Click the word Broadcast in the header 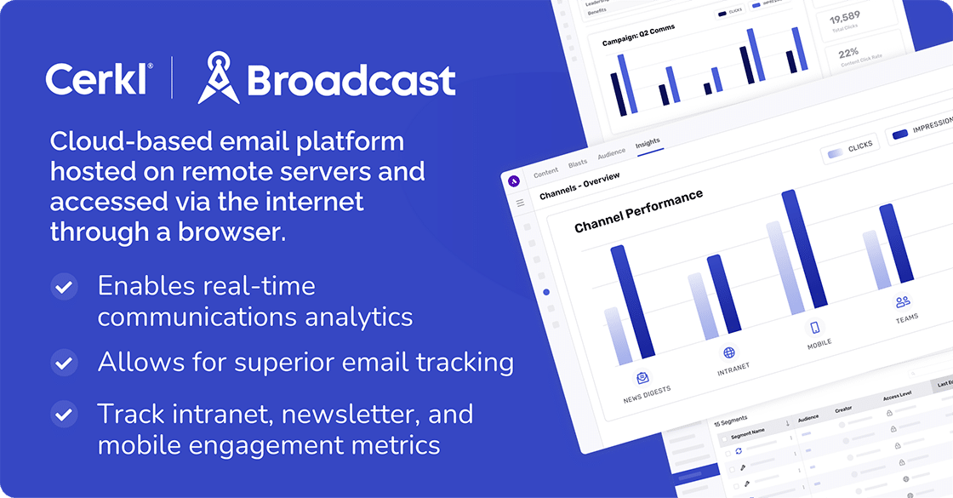(x=351, y=81)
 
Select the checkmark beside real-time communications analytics (x=63, y=287)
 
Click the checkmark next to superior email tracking (x=63, y=363)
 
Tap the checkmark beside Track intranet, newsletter (x=63, y=415)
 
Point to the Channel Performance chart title (x=638, y=210)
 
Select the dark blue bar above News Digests (x=631, y=301)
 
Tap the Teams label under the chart (x=906, y=318)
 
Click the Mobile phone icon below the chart (x=814, y=328)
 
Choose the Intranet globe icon (x=728, y=352)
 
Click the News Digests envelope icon (x=642, y=378)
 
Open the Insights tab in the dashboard (x=648, y=143)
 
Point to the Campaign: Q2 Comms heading (x=639, y=37)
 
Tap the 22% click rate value (x=848, y=52)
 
